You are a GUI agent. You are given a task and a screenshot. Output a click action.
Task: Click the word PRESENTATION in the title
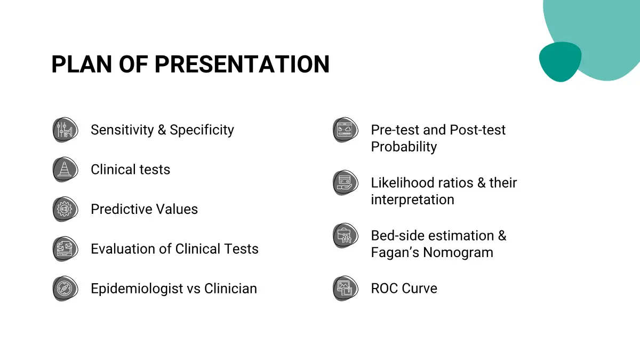[242, 65]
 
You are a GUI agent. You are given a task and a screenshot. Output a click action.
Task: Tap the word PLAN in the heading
[82, 65]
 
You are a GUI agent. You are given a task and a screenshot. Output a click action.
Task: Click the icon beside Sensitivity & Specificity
[65, 130]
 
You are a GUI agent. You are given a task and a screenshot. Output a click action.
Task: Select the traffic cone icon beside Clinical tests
[65, 170]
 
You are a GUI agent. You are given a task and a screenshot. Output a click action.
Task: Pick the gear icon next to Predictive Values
[65, 209]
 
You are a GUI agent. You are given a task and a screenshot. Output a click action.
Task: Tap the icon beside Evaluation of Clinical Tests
[65, 249]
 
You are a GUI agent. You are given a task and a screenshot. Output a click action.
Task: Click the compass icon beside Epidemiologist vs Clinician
[65, 289]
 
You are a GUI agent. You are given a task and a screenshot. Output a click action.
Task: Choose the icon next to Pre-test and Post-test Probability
[346, 130]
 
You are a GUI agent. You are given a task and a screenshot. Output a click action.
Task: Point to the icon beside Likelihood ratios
[346, 182]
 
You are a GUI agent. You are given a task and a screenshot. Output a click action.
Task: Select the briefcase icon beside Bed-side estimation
[346, 236]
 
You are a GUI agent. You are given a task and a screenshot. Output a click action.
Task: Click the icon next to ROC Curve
[346, 289]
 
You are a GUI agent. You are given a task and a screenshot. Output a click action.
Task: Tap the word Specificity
[202, 130]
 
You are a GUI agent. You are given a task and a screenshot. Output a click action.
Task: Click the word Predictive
[121, 209]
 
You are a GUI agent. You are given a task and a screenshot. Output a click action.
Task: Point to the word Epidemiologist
[137, 289]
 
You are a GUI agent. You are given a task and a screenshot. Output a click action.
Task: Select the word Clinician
[230, 289]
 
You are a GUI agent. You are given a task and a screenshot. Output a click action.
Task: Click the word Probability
[404, 147]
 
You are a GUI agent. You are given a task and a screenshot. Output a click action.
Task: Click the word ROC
[385, 289]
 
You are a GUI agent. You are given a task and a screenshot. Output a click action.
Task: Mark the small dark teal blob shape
[560, 61]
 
